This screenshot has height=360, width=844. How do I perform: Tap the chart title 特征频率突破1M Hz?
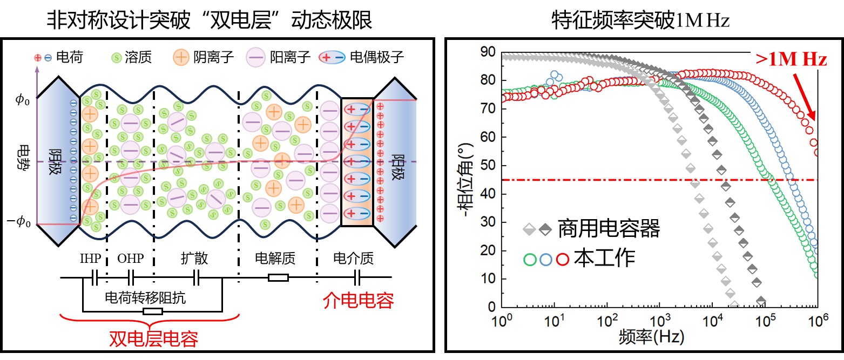click(640, 21)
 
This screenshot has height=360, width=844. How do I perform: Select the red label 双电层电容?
click(153, 338)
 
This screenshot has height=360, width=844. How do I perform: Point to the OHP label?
click(131, 259)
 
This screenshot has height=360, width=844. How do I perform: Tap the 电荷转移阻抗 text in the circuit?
click(145, 297)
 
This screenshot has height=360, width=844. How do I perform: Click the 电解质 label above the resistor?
click(275, 259)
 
